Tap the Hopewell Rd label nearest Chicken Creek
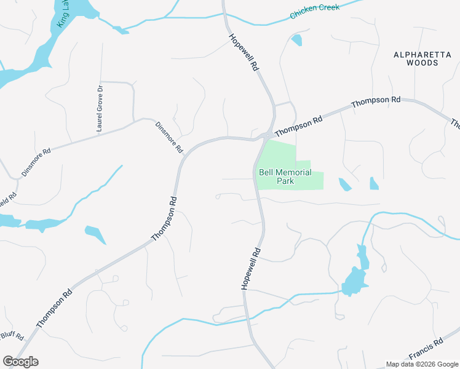(x=244, y=54)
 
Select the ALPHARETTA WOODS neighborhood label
(x=422, y=59)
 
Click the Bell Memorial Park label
(x=285, y=177)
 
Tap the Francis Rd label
(x=426, y=349)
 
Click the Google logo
(x=20, y=361)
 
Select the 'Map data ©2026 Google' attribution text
(x=422, y=364)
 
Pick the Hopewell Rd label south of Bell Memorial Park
(x=249, y=269)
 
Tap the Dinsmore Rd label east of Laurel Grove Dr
(x=169, y=137)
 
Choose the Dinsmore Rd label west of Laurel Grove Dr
(x=38, y=162)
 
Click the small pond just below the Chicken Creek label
(x=297, y=41)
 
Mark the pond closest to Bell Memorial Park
(x=344, y=184)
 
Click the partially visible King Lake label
(x=62, y=14)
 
